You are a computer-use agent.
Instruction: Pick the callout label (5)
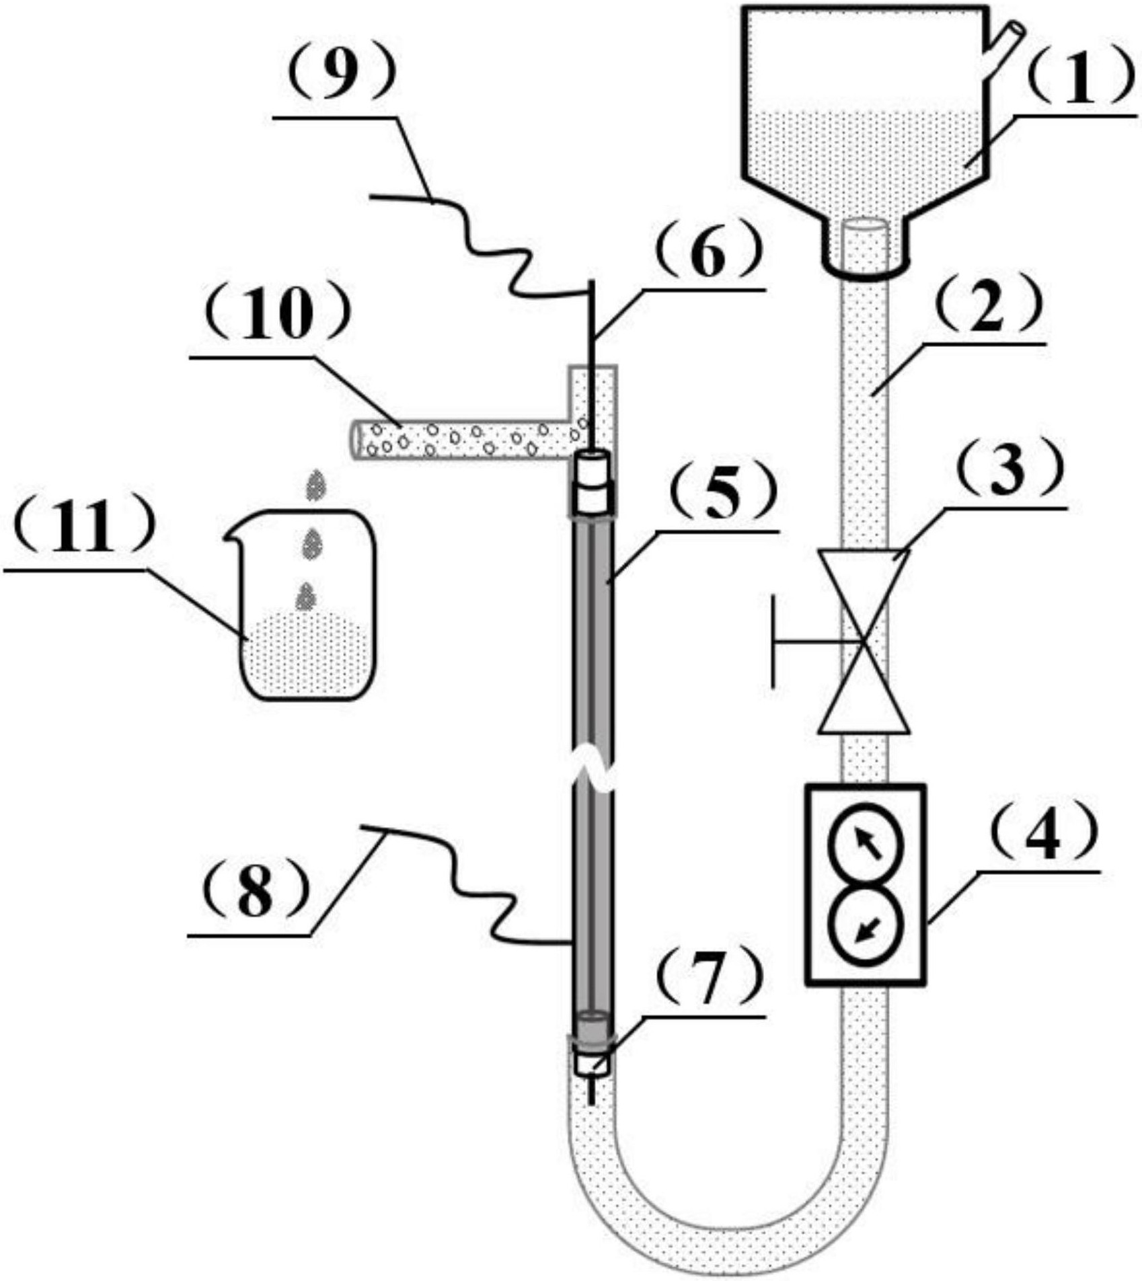click(721, 493)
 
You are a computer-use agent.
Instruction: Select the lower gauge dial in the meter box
click(865, 926)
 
